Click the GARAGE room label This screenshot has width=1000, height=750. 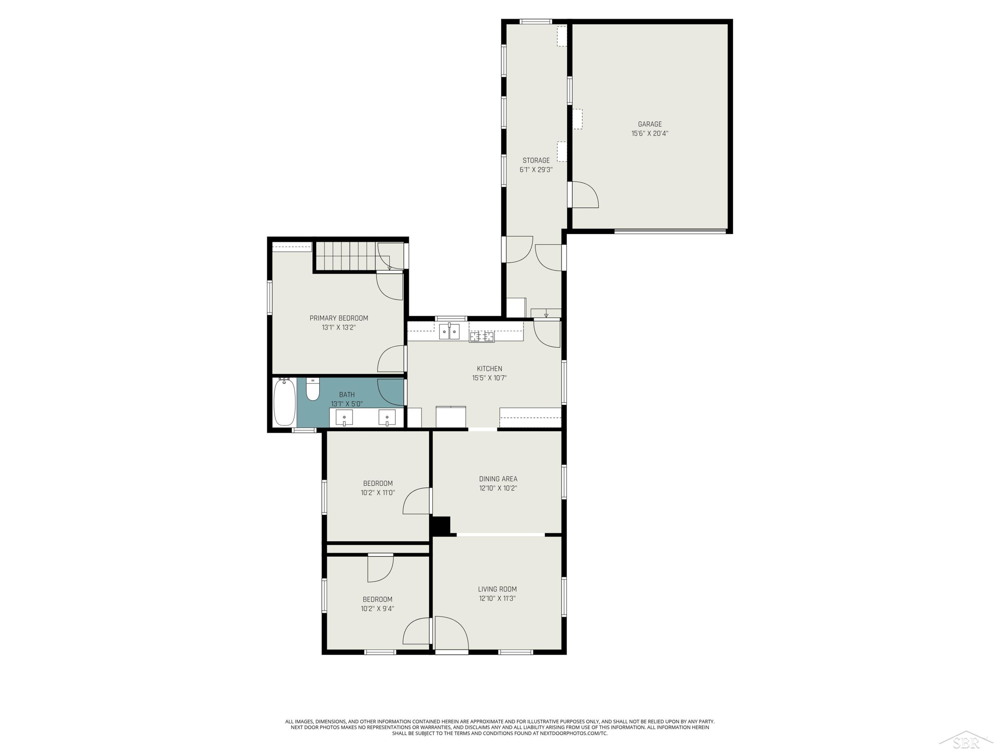point(650,124)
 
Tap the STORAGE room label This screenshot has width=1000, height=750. point(536,160)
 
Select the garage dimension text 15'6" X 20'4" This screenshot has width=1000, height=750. point(650,133)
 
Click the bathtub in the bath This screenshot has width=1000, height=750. point(284,402)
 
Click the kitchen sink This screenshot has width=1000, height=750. point(449,331)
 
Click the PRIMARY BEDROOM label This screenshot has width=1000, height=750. point(339,318)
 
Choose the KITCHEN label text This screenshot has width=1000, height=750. point(489,369)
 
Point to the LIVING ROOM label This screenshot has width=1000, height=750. point(497,589)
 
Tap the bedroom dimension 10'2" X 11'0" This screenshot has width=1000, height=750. point(377,493)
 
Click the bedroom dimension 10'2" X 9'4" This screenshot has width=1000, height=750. point(377,608)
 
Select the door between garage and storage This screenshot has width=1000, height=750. point(585,195)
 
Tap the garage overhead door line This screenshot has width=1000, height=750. point(670,231)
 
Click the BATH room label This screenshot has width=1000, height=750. point(347,395)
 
